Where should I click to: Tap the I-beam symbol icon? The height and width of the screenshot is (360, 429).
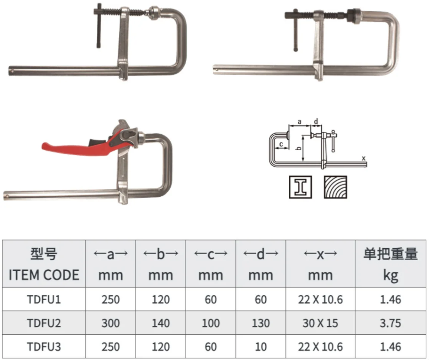coord(300,187)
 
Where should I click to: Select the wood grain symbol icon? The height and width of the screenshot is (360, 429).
coord(335,187)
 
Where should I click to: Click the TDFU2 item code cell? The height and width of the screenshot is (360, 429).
coord(44,323)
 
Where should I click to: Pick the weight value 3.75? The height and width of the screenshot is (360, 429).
coord(390,323)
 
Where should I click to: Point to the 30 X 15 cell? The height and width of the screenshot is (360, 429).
coord(320,323)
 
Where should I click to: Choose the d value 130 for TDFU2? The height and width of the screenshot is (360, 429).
coord(261,323)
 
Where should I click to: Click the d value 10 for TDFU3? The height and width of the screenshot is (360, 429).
coord(261,347)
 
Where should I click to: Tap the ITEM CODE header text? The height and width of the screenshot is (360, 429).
coord(44,275)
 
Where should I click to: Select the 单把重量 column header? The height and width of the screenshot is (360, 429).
coord(390,254)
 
